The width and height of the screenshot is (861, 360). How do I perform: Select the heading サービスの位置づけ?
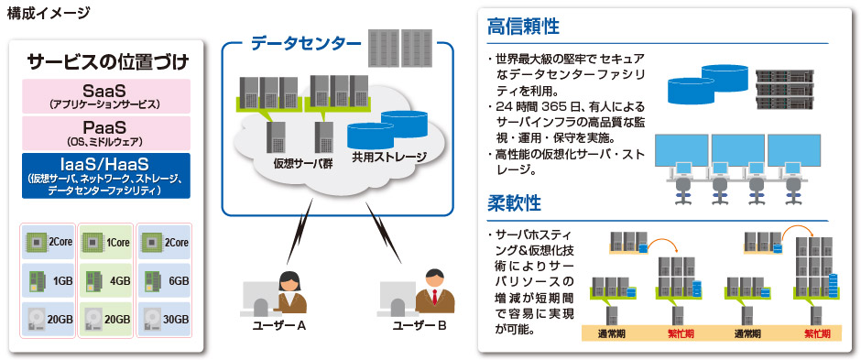coord(107,62)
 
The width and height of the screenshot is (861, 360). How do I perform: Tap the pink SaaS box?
coord(107,95)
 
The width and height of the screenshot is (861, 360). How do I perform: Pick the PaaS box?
coord(107,131)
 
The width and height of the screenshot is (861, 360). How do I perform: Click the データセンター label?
coord(293,42)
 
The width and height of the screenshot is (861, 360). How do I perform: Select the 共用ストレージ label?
coord(388,157)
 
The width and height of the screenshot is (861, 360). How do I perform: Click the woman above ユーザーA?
coord(291,291)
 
